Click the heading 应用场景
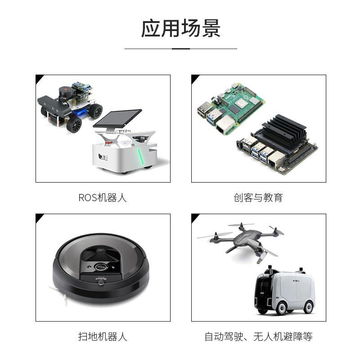pyautogui.click(x=180, y=28)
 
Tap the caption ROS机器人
pyautogui.click(x=103, y=198)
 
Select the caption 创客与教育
pyautogui.click(x=258, y=198)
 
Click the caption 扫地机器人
pyautogui.click(x=103, y=337)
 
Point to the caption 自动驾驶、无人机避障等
pyautogui.click(x=258, y=337)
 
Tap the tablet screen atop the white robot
pyautogui.click(x=118, y=118)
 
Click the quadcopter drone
pyautogui.click(x=243, y=238)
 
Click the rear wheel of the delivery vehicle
pyautogui.click(x=308, y=307)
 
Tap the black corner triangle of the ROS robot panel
pyautogui.click(x=39, y=78)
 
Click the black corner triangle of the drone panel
pyautogui.click(x=194, y=217)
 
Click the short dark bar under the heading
pyautogui.click(x=181, y=49)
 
